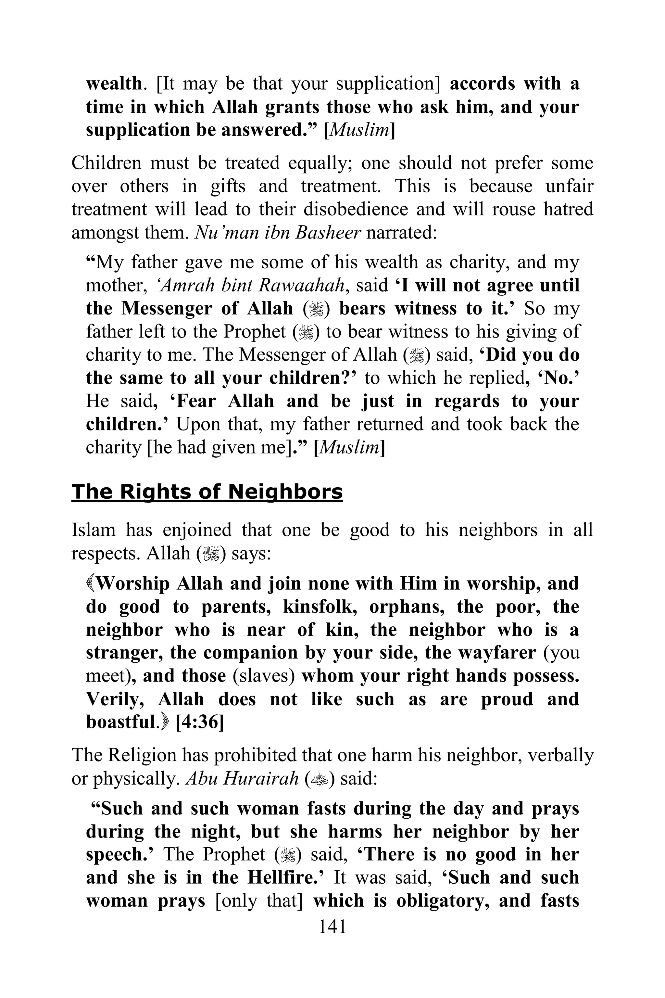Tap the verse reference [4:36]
pos(199,722)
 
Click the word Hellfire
pos(283,877)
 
